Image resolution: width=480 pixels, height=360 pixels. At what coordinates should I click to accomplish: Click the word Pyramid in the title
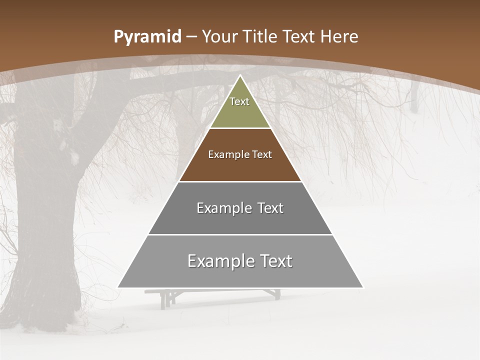tap(147, 37)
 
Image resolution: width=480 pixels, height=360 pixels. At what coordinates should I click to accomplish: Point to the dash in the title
tap(191, 37)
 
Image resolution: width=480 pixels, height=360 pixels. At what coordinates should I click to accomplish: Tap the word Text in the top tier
tap(239, 101)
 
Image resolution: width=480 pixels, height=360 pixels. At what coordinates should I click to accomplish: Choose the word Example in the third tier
tap(222, 208)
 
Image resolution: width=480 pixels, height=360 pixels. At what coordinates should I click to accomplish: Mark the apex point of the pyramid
tap(240, 76)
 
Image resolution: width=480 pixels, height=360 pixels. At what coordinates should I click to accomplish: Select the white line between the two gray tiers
tap(240, 234)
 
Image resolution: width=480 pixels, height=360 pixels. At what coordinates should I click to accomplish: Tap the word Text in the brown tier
tap(262, 154)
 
